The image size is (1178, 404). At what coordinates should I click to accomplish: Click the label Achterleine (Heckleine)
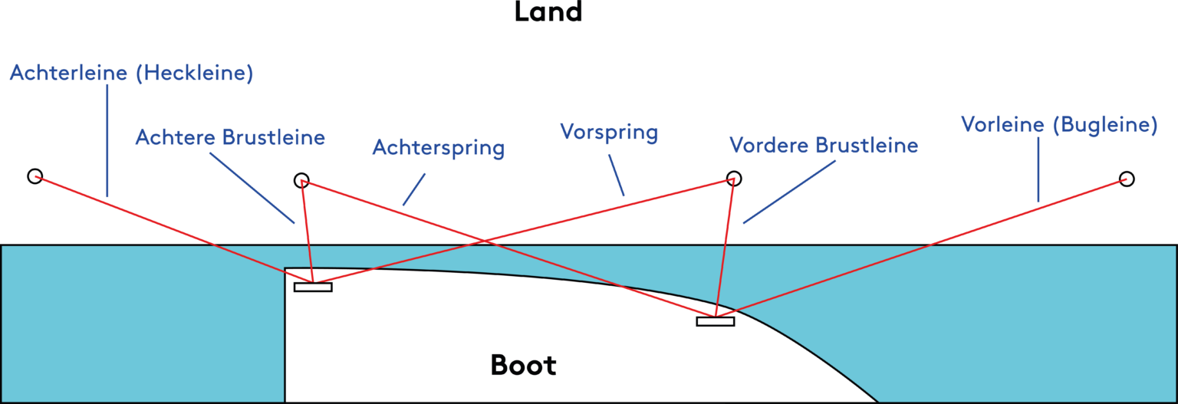[x=131, y=74]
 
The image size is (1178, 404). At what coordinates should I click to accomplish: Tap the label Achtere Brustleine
[x=230, y=137]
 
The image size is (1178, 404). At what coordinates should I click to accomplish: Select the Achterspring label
[x=438, y=147]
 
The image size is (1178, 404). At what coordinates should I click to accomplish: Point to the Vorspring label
[x=609, y=132]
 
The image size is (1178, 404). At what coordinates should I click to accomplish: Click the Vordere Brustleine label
[x=823, y=145]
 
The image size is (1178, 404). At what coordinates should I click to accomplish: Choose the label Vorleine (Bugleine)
[x=1058, y=125]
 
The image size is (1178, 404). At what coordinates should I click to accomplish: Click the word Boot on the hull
[x=523, y=365]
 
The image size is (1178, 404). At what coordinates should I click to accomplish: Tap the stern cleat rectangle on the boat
[x=313, y=287]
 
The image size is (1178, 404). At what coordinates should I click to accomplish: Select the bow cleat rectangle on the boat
[x=715, y=321]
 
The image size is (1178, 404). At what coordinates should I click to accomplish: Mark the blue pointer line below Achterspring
[x=414, y=190]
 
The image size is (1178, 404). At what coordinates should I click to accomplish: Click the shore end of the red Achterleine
[x=36, y=177]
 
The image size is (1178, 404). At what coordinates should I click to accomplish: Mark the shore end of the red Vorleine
[x=1126, y=179]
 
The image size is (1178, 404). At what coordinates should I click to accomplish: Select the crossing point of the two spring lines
[x=485, y=242]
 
